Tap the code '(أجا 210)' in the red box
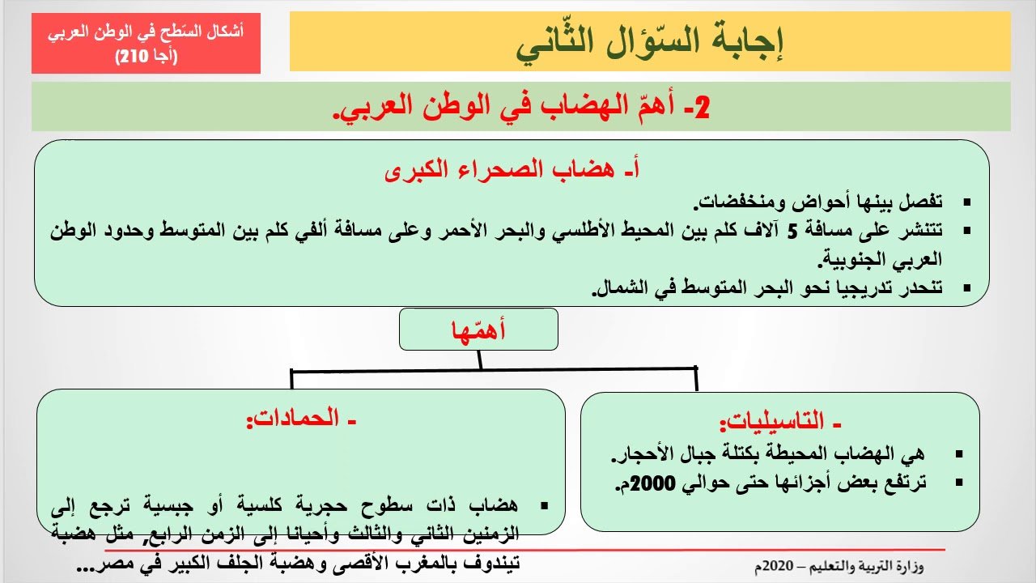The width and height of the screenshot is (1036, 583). point(146,56)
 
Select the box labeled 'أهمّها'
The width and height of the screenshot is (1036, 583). point(478,330)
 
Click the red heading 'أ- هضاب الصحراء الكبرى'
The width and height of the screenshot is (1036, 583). point(512,172)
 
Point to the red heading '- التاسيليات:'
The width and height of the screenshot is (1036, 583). point(781,423)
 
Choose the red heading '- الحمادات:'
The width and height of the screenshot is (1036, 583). point(301,420)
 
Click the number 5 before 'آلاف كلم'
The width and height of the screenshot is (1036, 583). point(794,230)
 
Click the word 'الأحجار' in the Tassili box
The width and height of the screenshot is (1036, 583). point(639,455)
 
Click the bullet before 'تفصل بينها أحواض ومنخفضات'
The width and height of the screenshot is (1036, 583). point(966,201)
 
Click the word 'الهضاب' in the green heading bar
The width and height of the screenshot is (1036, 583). point(550,108)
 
